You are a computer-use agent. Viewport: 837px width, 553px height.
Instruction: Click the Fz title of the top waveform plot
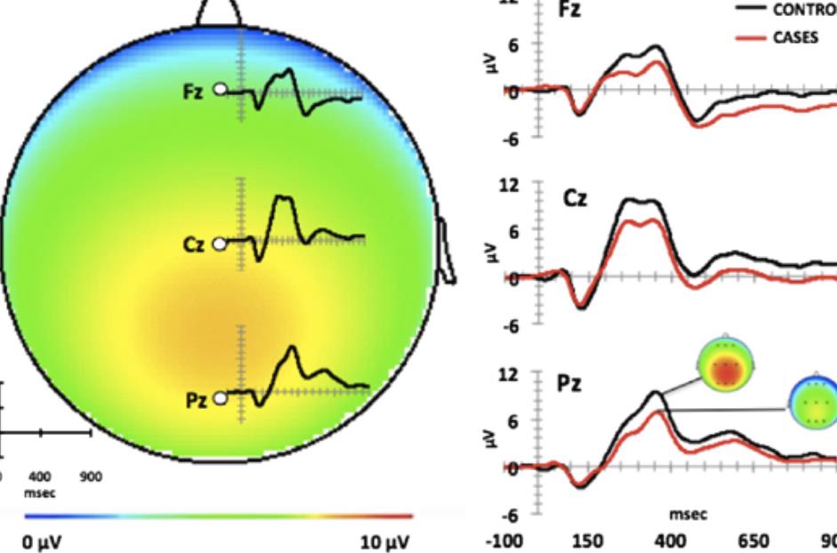coord(570,12)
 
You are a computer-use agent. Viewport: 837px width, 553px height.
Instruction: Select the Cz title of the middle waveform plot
coord(575,197)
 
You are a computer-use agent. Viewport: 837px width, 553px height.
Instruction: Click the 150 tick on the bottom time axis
coord(585,541)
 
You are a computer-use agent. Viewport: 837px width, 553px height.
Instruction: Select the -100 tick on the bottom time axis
coord(503,541)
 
